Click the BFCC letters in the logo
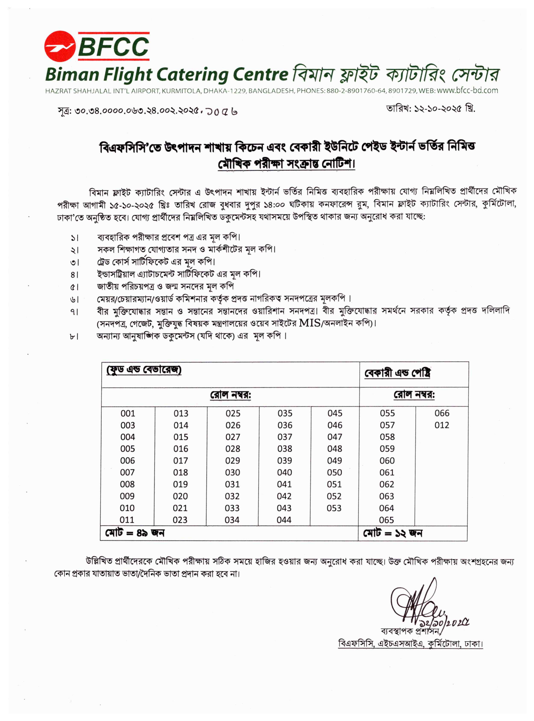pyautogui.click(x=113, y=47)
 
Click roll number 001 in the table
pyautogui.click(x=128, y=414)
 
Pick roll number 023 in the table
pyautogui.click(x=180, y=520)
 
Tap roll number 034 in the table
pyautogui.click(x=232, y=520)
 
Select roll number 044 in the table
pyautogui.click(x=284, y=520)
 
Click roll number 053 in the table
pyautogui.click(x=334, y=508)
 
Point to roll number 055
pyautogui.click(x=387, y=413)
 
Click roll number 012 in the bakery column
pyautogui.click(x=442, y=425)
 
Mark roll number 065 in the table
pyautogui.click(x=387, y=520)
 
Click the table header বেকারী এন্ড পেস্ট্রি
pyautogui.click(x=397, y=373)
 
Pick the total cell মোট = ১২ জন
pyautogui.click(x=393, y=533)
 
